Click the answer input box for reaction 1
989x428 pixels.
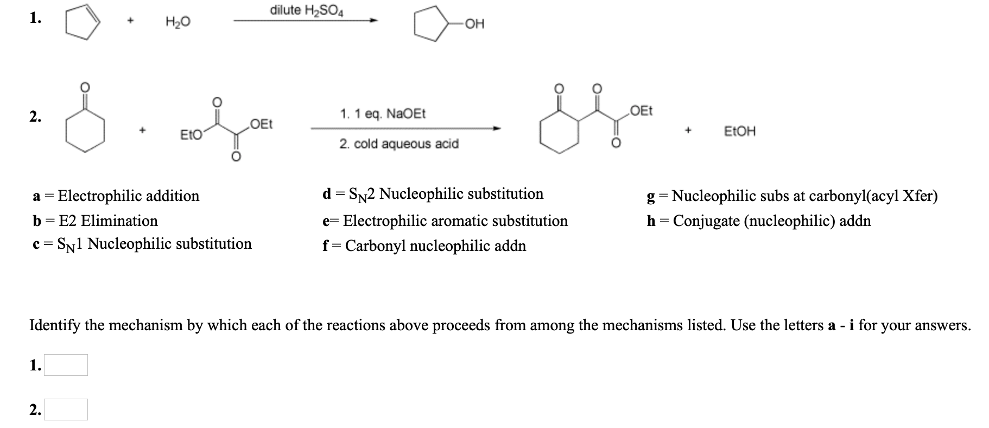click(x=66, y=365)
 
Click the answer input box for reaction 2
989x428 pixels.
click(x=66, y=410)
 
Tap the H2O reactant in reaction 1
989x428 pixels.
click(x=178, y=22)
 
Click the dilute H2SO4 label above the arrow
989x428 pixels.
click(x=307, y=10)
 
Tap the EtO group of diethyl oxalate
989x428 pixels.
click(x=190, y=134)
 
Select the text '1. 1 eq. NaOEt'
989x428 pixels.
click(x=383, y=114)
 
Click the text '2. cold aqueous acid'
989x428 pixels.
click(x=399, y=144)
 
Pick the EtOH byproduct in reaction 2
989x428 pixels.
click(x=739, y=131)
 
